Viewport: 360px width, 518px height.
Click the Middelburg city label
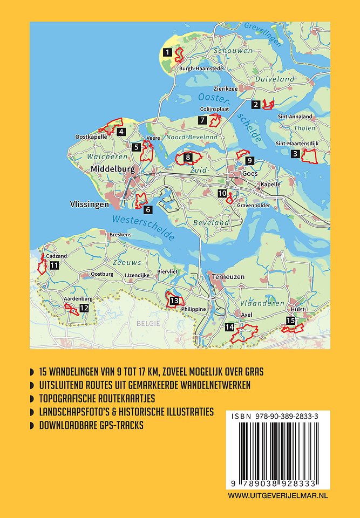click(x=111, y=169)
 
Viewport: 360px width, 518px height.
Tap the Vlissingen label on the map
click(x=90, y=205)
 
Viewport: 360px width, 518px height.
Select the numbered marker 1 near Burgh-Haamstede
click(x=167, y=52)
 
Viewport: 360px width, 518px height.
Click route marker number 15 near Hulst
click(x=291, y=322)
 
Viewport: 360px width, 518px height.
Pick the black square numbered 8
click(x=188, y=158)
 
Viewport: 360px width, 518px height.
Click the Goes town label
click(x=250, y=174)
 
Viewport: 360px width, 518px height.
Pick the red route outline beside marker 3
click(x=310, y=156)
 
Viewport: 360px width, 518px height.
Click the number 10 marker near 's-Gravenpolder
click(x=222, y=194)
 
